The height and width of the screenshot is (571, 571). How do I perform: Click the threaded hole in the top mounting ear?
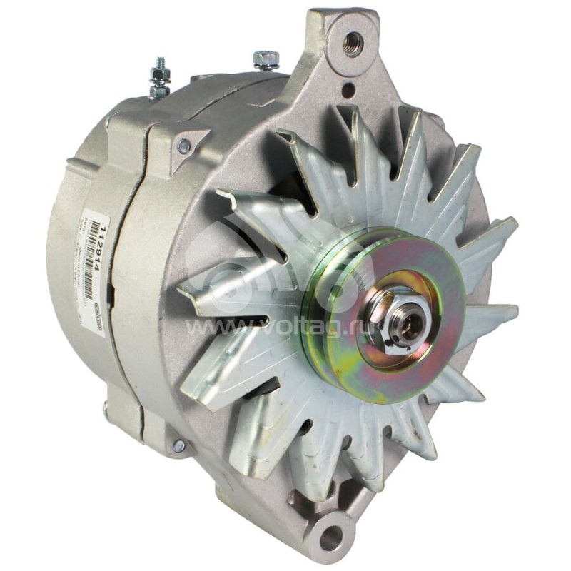click(352, 44)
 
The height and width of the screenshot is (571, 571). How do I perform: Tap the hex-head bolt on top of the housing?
click(266, 59)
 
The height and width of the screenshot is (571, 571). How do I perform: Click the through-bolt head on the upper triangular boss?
click(184, 146)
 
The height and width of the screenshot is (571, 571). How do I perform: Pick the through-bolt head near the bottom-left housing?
click(178, 446)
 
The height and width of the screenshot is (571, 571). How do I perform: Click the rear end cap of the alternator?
click(71, 271)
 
